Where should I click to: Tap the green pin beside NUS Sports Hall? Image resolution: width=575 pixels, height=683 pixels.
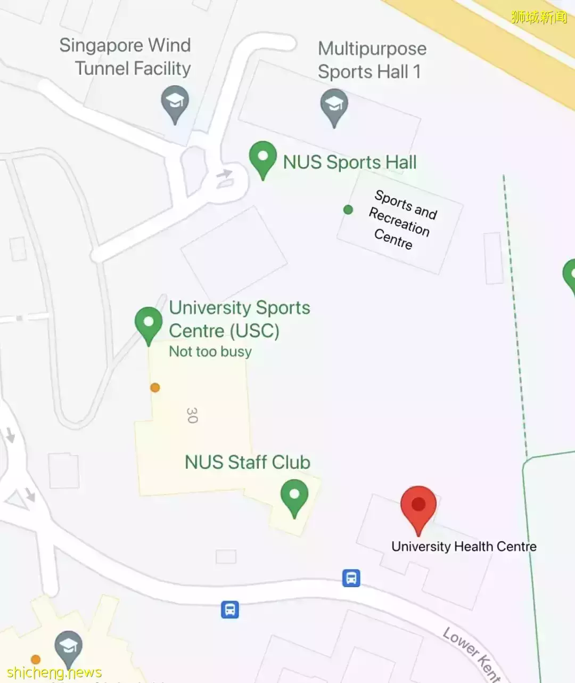[262, 158]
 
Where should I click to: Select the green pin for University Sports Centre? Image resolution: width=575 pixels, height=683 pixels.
[149, 323]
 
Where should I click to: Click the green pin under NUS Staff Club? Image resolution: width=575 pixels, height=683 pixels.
[294, 495]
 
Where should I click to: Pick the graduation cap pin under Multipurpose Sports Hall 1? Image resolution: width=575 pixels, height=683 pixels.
[334, 105]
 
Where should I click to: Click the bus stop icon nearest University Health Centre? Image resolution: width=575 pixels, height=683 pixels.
[351, 578]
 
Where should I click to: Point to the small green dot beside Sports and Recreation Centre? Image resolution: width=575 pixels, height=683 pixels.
[348, 209]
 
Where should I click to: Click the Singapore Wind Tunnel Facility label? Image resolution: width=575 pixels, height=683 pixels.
[125, 56]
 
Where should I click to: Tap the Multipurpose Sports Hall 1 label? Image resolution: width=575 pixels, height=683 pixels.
[372, 60]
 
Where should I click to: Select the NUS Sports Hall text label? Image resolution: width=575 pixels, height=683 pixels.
[350, 162]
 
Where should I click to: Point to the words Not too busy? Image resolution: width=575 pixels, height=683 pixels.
[210, 352]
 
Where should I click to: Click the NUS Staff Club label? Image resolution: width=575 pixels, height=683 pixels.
[248, 462]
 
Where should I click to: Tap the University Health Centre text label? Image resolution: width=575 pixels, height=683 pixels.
[464, 546]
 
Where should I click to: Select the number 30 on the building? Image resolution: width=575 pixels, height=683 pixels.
[192, 415]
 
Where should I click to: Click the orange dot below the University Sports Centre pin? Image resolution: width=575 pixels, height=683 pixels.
[155, 387]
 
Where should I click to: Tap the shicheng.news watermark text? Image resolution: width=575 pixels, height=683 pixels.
[54, 672]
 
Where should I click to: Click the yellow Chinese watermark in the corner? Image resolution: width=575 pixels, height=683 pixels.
[539, 17]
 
